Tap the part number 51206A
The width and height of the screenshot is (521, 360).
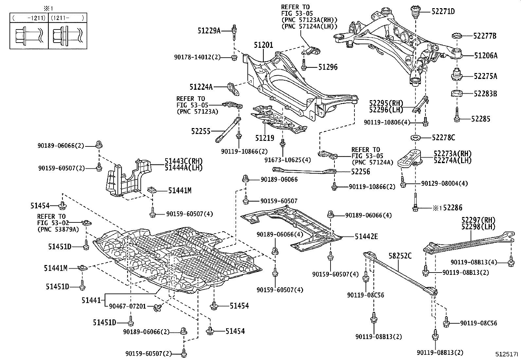click(486, 56)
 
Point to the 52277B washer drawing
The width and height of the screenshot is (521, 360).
click(456, 36)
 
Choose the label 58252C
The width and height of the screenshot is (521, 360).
click(400, 256)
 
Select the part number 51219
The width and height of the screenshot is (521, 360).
click(265, 138)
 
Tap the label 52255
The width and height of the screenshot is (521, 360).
click(201, 131)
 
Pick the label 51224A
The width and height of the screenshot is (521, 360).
click(201, 87)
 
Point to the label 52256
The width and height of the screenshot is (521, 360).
click(360, 172)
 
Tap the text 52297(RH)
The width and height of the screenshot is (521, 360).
click(478, 220)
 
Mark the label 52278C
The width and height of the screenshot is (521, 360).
click(443, 138)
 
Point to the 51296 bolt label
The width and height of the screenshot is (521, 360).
click(328, 67)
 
